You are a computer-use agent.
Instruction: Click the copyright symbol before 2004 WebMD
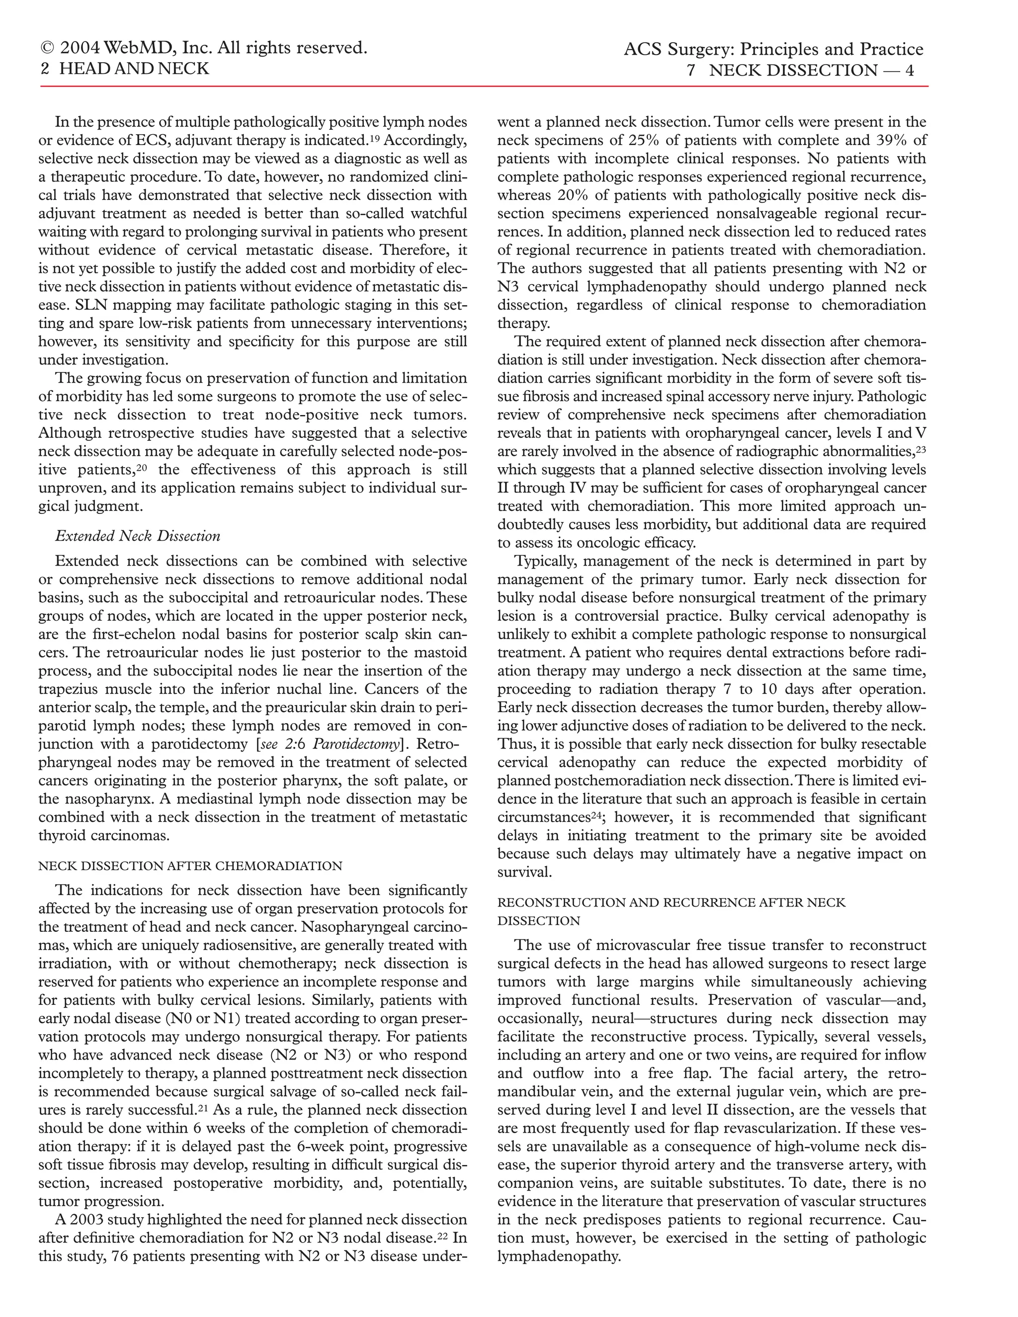click(46, 48)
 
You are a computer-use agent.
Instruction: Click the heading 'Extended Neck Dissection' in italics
click(138, 536)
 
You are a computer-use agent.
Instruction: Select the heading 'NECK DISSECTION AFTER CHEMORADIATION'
click(190, 866)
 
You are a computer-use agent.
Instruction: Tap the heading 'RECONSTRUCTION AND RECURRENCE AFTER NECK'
click(671, 903)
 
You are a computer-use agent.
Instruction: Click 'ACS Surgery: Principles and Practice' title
click(773, 49)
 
